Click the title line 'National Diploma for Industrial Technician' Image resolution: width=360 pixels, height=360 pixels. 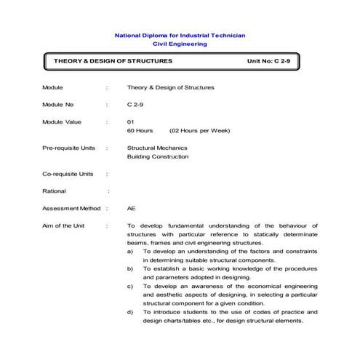(180, 35)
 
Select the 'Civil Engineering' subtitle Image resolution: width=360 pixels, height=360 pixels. (180, 44)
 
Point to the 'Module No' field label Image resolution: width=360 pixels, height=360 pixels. (58, 105)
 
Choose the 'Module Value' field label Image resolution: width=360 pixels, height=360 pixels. (62, 121)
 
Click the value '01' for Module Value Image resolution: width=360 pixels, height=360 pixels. (131, 121)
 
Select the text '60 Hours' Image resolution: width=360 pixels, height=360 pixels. (140, 131)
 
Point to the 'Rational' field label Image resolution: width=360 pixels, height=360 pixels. (55, 191)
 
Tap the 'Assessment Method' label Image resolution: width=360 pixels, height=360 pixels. (71, 208)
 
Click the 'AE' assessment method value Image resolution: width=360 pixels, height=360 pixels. (131, 208)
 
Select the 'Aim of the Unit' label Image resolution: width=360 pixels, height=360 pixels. (63, 225)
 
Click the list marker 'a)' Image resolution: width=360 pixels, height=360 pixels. (130, 251)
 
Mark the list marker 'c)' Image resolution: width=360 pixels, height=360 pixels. (130, 287)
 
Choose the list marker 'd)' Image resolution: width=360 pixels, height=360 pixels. (130, 313)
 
